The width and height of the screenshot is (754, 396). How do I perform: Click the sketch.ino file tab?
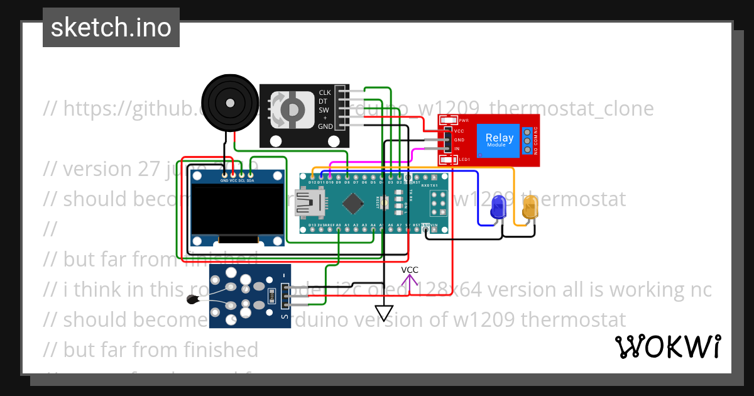coord(111,28)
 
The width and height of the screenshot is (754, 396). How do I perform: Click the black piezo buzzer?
coord(230,100)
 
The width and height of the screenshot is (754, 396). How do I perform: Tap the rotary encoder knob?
coord(291,108)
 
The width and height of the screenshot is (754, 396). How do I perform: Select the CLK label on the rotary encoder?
coord(325,92)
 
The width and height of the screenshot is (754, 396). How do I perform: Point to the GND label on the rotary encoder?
coord(325,126)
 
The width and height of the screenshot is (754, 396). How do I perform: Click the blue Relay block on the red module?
coord(499,140)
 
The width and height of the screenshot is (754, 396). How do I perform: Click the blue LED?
coord(498,208)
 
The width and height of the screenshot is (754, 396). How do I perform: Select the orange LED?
coord(530,208)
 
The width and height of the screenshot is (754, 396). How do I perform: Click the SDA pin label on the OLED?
coord(250,181)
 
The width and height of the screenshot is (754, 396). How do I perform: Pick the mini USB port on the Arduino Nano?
coord(315,202)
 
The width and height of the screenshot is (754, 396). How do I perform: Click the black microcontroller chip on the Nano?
coord(354,202)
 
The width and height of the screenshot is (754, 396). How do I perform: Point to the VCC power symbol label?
coord(410,270)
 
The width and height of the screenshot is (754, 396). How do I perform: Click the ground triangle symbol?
coord(384,312)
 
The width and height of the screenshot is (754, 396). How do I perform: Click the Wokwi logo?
coord(667,346)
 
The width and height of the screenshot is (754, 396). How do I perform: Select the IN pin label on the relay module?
coord(457,149)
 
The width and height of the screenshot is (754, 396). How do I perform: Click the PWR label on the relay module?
coord(464,121)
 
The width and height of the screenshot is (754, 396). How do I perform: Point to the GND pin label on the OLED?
coord(224,181)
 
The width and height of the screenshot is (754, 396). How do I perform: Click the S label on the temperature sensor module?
coord(285,317)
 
